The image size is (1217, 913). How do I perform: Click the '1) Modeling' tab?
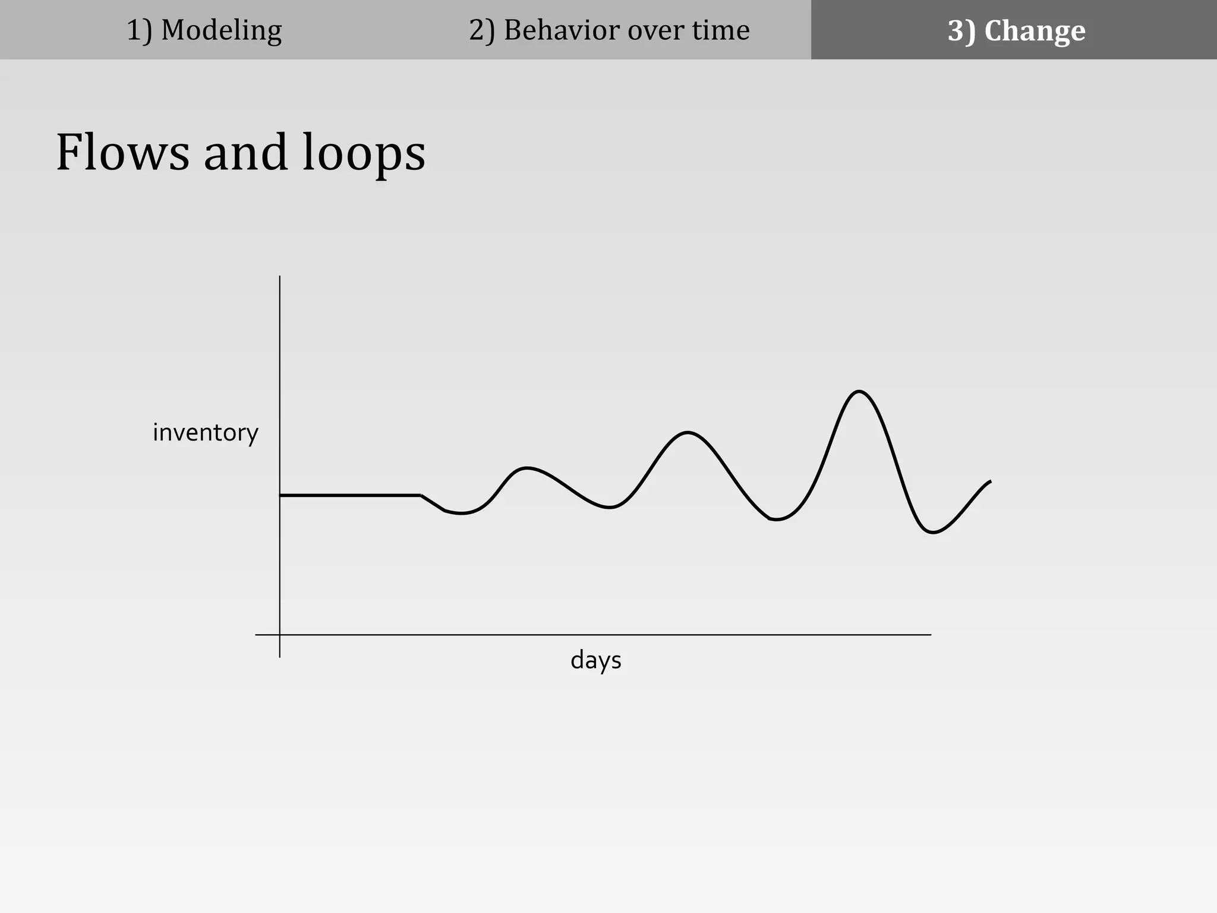pos(204,30)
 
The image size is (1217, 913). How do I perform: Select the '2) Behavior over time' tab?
pos(609,30)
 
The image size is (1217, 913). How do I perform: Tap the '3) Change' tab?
pos(1016,30)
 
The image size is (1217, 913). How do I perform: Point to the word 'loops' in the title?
pos(364,153)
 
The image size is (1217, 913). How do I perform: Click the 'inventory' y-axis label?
pos(206,433)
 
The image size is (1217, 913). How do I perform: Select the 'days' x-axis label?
pos(595,660)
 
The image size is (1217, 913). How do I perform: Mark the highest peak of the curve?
pos(859,391)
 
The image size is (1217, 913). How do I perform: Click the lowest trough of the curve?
pos(932,532)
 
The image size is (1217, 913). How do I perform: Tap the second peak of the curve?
pos(688,432)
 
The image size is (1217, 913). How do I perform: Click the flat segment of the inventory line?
pos(351,495)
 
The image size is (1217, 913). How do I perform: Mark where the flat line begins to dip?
pos(421,495)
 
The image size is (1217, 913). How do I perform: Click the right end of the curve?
pos(990,481)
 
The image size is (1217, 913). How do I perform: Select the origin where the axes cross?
pos(280,635)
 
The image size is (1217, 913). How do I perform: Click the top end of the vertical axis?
pos(280,277)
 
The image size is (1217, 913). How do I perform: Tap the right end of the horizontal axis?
pos(929,635)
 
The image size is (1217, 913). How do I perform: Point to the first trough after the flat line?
pos(462,513)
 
